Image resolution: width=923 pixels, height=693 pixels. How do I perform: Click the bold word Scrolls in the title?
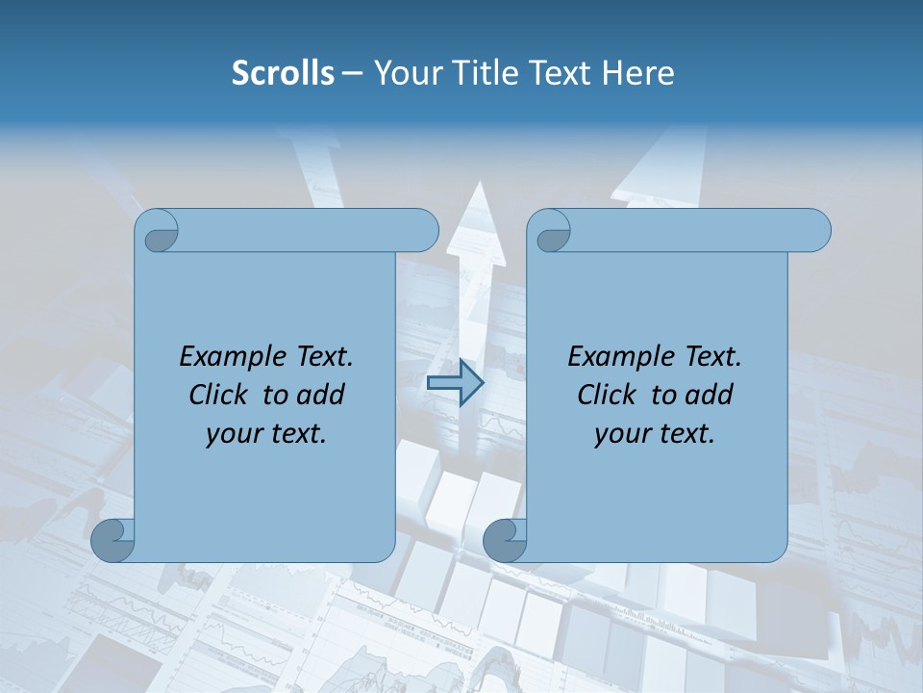pyautogui.click(x=283, y=73)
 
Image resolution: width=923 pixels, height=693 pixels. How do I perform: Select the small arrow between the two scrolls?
pyautogui.click(x=455, y=383)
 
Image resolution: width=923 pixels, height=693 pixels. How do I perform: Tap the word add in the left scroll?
pyautogui.click(x=321, y=395)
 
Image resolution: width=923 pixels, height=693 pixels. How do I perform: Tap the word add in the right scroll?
pyautogui.click(x=710, y=395)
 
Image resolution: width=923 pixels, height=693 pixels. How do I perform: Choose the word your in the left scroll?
pyautogui.click(x=233, y=434)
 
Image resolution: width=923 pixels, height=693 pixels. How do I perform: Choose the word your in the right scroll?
pyautogui.click(x=621, y=434)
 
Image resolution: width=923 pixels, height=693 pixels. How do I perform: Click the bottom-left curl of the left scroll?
pyautogui.click(x=112, y=541)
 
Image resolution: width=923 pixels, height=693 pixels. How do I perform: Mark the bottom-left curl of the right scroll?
pyautogui.click(x=505, y=541)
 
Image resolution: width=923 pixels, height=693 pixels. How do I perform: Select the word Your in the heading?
pyautogui.click(x=405, y=73)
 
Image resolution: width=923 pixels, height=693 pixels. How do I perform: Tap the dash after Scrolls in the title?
pyautogui.click(x=352, y=74)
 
